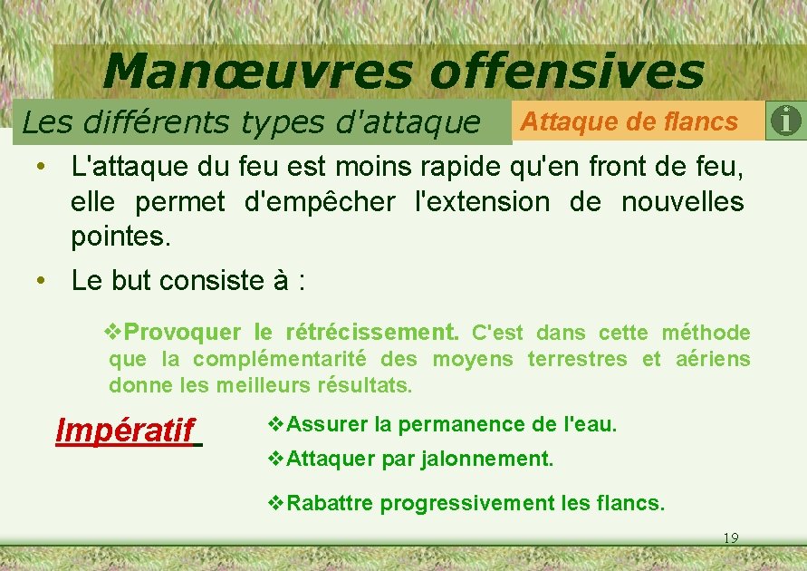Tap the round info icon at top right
click(x=786, y=121)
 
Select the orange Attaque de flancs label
click(x=630, y=121)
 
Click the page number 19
click(x=731, y=538)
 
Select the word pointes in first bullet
click(x=120, y=238)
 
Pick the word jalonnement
click(x=486, y=459)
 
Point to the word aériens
click(x=713, y=359)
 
